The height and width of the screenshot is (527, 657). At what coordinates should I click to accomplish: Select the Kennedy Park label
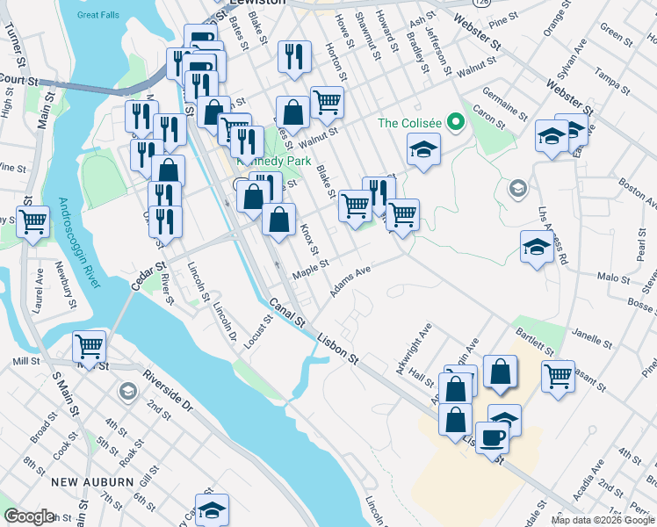(x=264, y=160)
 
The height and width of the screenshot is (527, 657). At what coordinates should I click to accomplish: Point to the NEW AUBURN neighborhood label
(x=92, y=482)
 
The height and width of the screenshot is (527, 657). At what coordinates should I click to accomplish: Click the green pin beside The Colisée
(x=455, y=122)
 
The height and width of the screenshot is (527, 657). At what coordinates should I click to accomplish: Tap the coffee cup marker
(x=492, y=437)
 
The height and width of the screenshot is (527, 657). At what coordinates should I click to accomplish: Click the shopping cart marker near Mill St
(x=89, y=347)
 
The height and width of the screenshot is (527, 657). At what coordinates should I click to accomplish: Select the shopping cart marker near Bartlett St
(x=558, y=376)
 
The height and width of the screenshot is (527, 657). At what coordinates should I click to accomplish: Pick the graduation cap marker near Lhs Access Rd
(x=536, y=247)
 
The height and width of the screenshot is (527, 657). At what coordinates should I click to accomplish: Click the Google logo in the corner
(x=29, y=516)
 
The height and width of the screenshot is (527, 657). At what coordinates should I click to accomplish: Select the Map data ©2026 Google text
(x=603, y=520)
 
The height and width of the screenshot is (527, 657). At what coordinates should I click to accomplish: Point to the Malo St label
(x=614, y=278)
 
